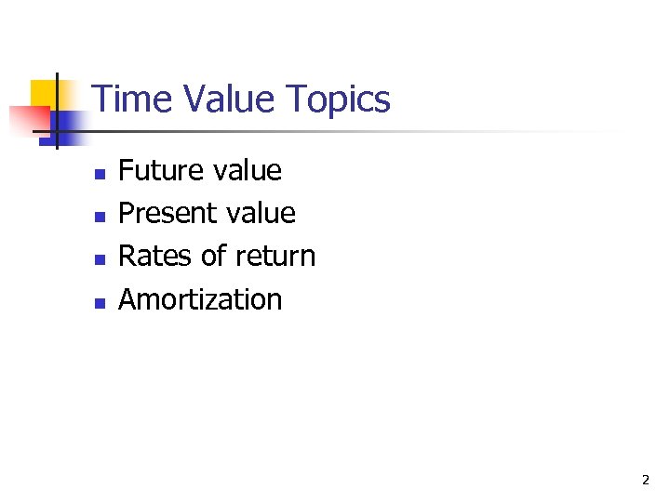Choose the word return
pos(275,257)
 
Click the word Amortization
pos(200,299)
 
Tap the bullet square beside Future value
pos(99,174)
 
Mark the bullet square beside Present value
pos(99,217)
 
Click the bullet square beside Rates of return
pos(99,259)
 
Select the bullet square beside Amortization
pos(99,302)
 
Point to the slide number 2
pos(645,481)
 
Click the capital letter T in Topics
pos(296,99)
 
